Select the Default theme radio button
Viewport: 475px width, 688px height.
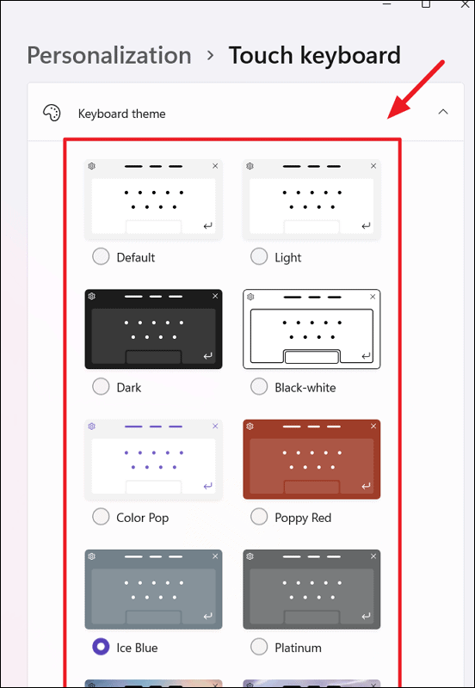[x=101, y=256]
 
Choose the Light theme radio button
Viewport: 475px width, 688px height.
[x=259, y=256]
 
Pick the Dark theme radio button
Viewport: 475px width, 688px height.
[x=101, y=386]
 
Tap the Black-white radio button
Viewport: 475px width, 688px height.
[x=259, y=386]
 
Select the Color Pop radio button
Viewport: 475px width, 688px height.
[x=101, y=517]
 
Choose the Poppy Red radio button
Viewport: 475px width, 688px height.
[x=259, y=517]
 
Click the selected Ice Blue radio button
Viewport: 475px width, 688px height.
[x=101, y=647]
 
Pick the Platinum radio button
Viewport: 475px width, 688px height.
[x=259, y=647]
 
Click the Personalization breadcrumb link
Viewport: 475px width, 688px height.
[x=109, y=56]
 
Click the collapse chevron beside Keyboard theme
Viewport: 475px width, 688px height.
[x=443, y=112]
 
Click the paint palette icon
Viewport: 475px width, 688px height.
[x=52, y=113]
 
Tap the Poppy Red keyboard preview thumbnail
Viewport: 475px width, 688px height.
[x=312, y=459]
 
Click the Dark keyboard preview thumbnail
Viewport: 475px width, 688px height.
[x=154, y=329]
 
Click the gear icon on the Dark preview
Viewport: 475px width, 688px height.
[x=92, y=296]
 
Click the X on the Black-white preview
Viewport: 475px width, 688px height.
[x=373, y=297]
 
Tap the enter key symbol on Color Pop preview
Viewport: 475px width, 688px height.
[x=208, y=486]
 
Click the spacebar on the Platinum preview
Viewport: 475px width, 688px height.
[x=312, y=617]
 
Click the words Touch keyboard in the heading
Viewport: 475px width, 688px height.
[x=315, y=56]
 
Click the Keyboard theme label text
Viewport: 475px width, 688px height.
[x=121, y=114]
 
